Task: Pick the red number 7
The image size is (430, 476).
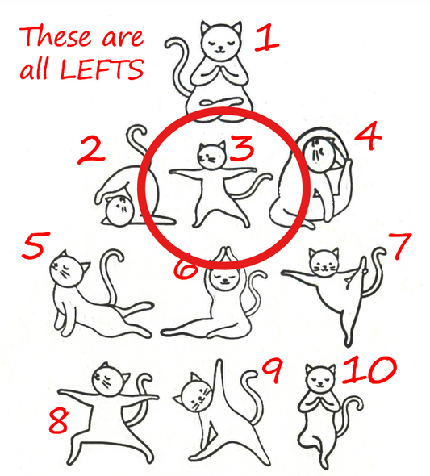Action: pyautogui.click(x=399, y=245)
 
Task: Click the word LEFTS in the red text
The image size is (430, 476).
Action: pyautogui.click(x=101, y=69)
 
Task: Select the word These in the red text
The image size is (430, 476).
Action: pyautogui.click(x=56, y=36)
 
